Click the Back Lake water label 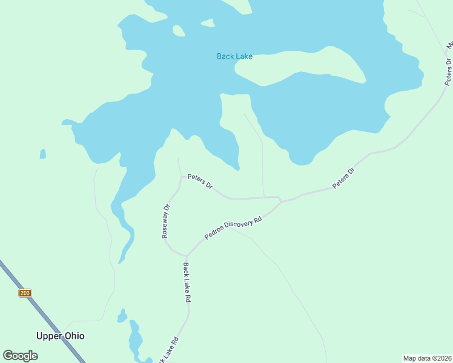coord(234,57)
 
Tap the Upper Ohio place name coord(61,336)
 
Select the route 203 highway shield coord(25,293)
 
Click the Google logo coord(21,356)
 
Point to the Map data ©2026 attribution coord(427,358)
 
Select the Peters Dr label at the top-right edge coord(449,71)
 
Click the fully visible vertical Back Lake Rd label coord(188,283)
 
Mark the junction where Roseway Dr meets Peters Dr coord(182,177)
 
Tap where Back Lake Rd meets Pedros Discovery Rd coord(187,255)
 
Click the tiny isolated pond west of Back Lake coord(42,154)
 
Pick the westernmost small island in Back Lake coord(179,31)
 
